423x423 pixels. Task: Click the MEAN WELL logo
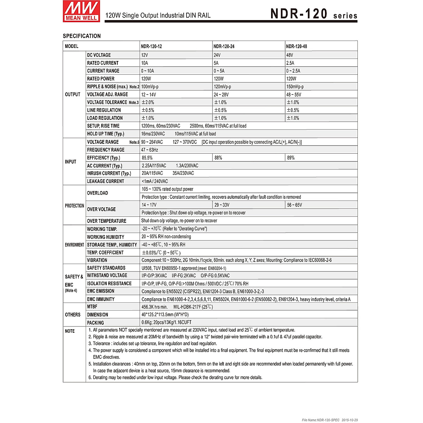81,11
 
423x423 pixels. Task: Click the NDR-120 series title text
314,14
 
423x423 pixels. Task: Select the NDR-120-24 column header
224,46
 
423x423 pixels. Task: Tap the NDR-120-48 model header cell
296,46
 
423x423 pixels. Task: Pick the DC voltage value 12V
145,55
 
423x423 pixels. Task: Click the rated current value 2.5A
290,63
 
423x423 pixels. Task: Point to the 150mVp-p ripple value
295,87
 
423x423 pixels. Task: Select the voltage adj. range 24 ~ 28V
221,94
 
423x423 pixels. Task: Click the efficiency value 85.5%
147,158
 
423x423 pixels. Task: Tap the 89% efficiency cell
291,158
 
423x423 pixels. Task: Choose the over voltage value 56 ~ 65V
294,205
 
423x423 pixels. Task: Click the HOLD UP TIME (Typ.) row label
105,134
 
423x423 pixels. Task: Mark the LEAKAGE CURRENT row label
105,181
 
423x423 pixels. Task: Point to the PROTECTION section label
74,206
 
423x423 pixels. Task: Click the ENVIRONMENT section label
74,245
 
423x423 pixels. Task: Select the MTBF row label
92,307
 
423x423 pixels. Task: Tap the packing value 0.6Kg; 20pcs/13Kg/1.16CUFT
166,322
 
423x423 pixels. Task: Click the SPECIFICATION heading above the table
82,36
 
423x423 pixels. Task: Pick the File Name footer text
330,420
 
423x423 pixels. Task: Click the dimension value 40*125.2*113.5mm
165,314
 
